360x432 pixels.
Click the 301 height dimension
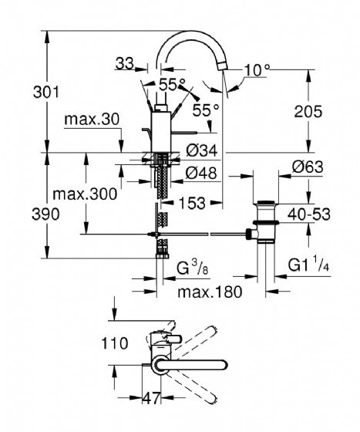pos(46,92)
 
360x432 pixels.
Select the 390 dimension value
pos(45,214)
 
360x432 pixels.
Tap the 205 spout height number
pos(308,112)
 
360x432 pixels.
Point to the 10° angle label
pos(257,70)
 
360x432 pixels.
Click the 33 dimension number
pos(125,63)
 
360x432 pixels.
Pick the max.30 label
pos(92,120)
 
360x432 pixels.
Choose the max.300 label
pos(85,194)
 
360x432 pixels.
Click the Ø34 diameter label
pos(202,150)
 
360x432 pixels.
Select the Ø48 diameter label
pos(201,173)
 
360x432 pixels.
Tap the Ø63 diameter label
pos(308,167)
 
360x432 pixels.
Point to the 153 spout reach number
pos(192,203)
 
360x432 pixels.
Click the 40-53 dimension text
pos(309,214)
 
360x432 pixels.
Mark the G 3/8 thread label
pos(192,268)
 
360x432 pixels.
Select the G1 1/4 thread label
pos(308,265)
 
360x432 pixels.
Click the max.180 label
pos(210,292)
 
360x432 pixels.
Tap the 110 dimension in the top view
pos(115,343)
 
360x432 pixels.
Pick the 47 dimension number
pos(151,398)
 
